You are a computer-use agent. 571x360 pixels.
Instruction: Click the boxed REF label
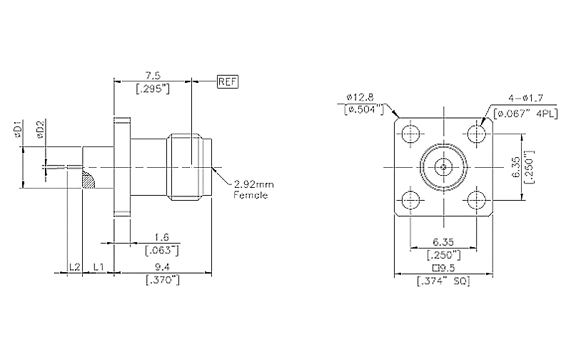tap(227, 81)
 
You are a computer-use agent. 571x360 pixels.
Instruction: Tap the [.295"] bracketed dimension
tap(153, 89)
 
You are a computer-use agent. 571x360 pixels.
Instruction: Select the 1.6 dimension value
tap(162, 236)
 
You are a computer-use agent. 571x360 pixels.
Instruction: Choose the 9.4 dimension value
tap(162, 267)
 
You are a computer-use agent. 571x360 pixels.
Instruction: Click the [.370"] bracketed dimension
tap(162, 279)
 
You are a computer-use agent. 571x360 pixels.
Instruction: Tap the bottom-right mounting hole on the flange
tap(476, 199)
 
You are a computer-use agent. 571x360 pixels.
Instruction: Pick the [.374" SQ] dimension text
tap(443, 280)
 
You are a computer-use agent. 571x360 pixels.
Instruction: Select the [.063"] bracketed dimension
tap(161, 249)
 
